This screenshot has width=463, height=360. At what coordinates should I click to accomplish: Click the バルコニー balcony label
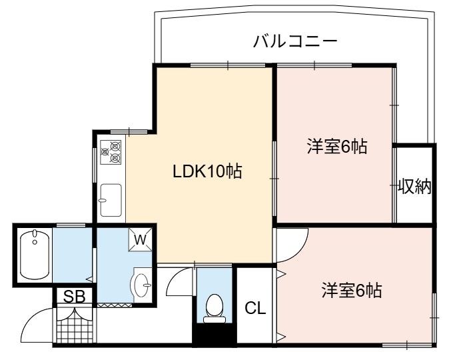295,41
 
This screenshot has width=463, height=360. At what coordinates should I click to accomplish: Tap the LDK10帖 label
207,171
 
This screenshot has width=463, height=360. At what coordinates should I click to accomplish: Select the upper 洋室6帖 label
337,146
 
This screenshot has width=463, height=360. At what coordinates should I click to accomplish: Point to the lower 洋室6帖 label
352,290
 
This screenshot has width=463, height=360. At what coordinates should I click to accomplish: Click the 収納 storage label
414,186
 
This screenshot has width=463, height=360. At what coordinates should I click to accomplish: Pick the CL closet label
255,308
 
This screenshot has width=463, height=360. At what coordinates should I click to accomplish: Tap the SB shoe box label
75,296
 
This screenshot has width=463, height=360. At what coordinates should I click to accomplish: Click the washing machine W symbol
140,240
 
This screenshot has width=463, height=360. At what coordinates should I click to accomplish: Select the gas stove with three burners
111,152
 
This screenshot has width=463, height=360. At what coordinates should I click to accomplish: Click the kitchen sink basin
111,200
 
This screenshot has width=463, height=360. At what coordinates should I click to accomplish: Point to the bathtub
35,255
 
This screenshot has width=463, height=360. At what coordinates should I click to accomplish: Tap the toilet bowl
215,305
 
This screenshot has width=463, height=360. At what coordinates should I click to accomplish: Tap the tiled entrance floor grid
75,329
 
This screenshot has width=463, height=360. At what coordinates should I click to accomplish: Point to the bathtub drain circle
35,243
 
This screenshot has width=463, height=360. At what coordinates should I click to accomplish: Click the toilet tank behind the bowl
215,319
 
